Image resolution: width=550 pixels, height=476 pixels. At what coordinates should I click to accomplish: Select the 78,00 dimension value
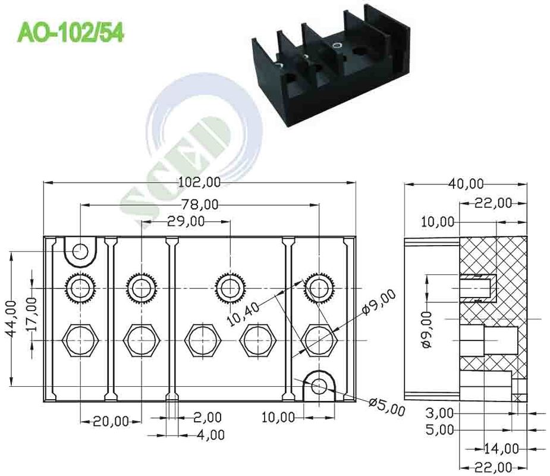(x=199, y=205)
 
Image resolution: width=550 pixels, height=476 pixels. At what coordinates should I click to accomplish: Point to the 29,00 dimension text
(x=186, y=221)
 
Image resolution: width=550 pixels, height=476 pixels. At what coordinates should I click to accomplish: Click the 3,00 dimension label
(x=440, y=412)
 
